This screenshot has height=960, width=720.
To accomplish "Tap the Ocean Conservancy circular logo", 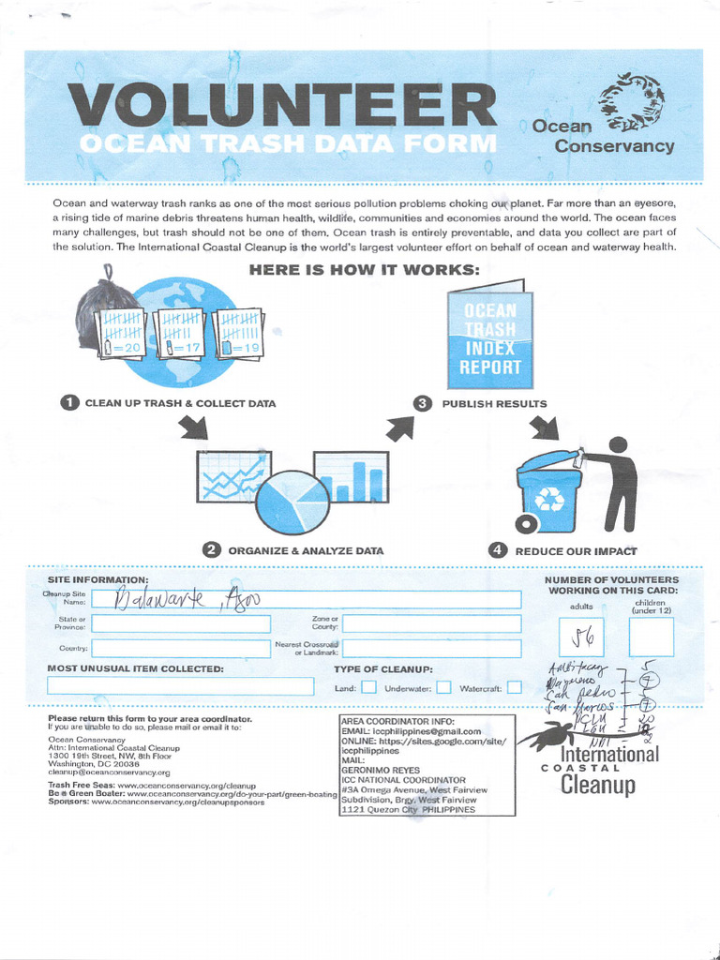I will (631, 100).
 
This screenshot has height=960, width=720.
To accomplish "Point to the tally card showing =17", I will (182, 333).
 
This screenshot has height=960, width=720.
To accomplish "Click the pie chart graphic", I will (292, 502).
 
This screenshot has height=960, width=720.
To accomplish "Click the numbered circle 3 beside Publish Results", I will (423, 403).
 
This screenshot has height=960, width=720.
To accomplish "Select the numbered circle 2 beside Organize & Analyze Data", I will (212, 550).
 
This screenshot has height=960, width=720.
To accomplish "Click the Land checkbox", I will (369, 687).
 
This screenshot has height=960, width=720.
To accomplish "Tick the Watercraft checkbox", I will (515, 687).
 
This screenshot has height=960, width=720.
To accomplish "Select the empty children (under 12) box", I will (652, 637).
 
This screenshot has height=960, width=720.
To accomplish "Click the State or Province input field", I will (181, 623).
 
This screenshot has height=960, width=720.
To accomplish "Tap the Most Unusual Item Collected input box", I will (180, 686).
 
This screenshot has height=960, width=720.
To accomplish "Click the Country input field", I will (181, 648).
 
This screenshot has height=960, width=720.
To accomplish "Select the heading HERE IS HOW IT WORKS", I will (365, 270).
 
